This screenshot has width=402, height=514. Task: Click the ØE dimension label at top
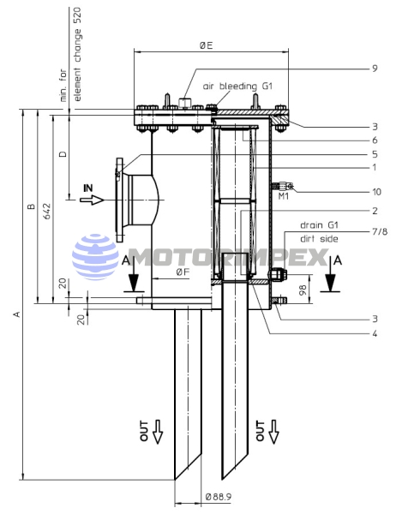[x=206, y=45]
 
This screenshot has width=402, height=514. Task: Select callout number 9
[x=375, y=69]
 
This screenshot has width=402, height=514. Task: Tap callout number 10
[x=377, y=192]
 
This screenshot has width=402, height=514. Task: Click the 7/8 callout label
[x=380, y=231]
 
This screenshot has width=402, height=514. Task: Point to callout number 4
[x=375, y=334]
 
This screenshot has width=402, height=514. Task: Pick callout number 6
[x=375, y=140]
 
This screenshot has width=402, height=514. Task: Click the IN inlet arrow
[x=92, y=200]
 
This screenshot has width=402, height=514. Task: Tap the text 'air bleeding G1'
[x=237, y=87]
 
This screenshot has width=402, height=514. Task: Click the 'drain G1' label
[x=319, y=225]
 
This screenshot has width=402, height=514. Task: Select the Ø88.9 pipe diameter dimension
[x=219, y=497]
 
